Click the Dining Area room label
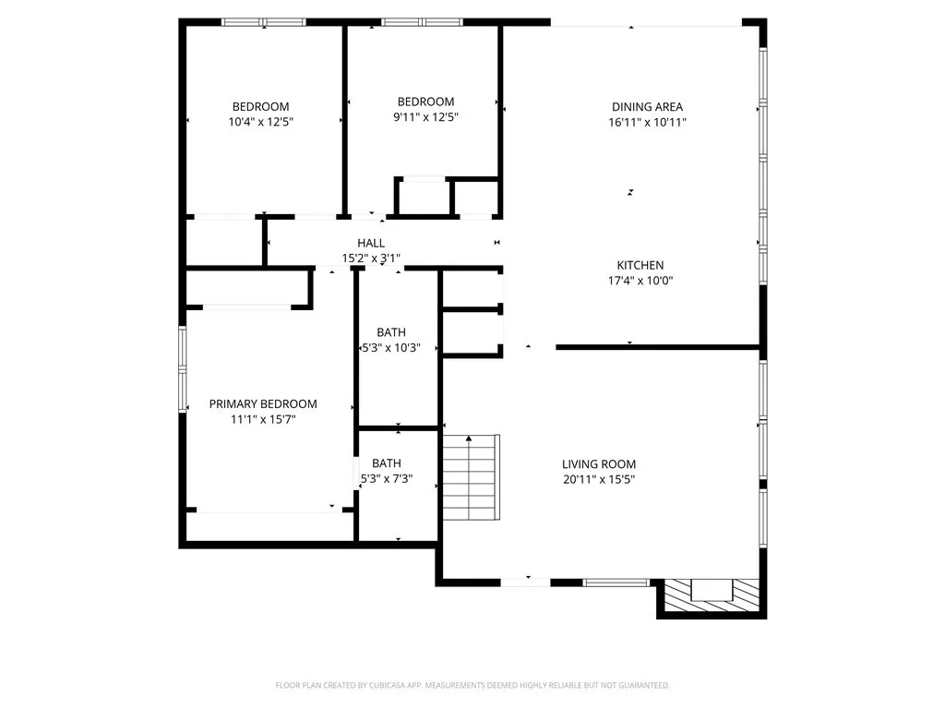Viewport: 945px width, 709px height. (647, 106)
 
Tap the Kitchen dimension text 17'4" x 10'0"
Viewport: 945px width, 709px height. (640, 281)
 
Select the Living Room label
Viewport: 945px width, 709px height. (599, 464)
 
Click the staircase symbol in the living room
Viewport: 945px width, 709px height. (471, 477)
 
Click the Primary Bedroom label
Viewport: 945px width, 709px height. (263, 403)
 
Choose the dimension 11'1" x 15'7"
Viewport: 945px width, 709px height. (263, 419)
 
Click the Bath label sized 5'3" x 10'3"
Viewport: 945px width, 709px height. (390, 332)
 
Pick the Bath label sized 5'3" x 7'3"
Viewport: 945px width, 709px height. (386, 463)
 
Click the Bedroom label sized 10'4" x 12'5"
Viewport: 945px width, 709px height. (260, 106)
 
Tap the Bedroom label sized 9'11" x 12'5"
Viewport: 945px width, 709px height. (425, 102)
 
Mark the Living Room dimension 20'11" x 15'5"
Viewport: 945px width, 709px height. (599, 479)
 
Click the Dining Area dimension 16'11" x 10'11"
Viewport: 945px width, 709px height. (647, 122)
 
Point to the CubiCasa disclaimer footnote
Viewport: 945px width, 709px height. (472, 685)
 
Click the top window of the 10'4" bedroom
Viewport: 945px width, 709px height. (265, 22)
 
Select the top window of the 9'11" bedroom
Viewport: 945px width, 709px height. (423, 22)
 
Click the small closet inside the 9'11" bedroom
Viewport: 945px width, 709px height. (425, 196)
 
